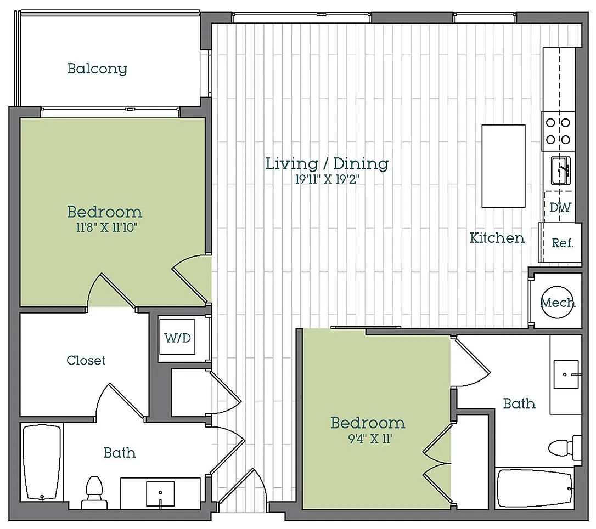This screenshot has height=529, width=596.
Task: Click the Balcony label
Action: [x=97, y=69]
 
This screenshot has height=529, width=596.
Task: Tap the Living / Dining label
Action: [x=327, y=164]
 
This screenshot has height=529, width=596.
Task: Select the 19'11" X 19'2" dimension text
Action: [x=327, y=179]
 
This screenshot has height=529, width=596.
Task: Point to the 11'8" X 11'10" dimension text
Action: [x=106, y=227]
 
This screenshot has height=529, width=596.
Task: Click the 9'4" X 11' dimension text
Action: [x=370, y=439]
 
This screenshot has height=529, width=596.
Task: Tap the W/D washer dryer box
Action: [x=177, y=337]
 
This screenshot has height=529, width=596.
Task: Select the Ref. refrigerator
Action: [x=560, y=243]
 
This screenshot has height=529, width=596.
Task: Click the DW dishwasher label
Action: [x=560, y=207]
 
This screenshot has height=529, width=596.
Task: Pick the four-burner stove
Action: [x=558, y=131]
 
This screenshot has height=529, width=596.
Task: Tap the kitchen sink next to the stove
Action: [x=561, y=171]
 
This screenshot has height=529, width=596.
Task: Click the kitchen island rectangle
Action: [x=504, y=166]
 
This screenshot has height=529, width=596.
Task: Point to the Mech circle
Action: [x=558, y=302]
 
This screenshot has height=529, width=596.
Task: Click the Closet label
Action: [x=86, y=360]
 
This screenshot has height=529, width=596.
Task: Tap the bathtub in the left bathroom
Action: [x=42, y=463]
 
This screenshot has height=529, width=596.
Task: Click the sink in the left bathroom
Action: [x=160, y=494]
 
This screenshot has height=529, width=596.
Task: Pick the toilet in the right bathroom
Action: [x=565, y=447]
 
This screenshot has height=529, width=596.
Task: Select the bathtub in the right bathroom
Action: [x=535, y=488]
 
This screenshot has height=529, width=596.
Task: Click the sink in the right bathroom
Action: [x=566, y=375]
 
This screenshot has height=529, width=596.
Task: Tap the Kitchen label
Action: [x=497, y=238]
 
